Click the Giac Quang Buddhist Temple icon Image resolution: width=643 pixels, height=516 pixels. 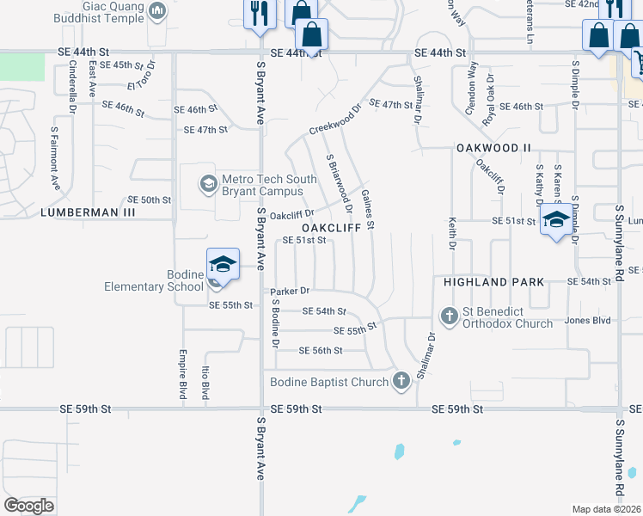coord(156,11)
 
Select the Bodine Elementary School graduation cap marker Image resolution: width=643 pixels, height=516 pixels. coord(222,264)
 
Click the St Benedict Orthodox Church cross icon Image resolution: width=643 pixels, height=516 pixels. coord(449,316)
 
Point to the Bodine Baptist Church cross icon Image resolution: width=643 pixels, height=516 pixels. coord(401,381)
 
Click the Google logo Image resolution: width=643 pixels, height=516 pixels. coord(28,506)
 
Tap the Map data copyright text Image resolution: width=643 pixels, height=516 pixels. coord(606,509)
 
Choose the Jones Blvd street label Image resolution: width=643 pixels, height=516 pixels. coord(587,320)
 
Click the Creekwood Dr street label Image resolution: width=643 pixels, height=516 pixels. coord(336,123)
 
